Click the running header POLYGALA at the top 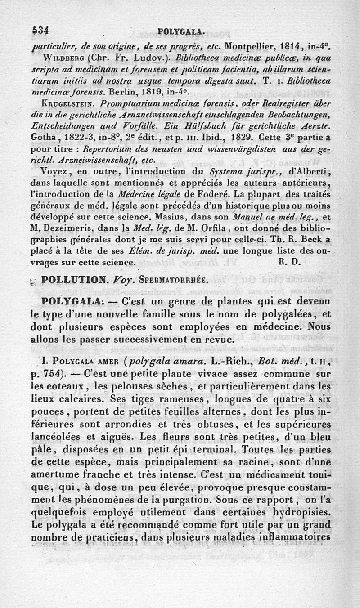(182, 31)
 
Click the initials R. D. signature (286, 261)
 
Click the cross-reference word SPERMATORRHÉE (170, 280)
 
